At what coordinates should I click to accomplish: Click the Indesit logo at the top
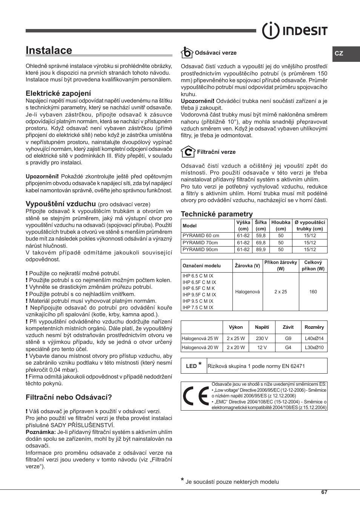coord(295,31)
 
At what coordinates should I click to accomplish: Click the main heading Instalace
coord(49,51)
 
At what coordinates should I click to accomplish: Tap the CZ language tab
coord(339,54)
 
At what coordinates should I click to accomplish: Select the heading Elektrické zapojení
coord(58,93)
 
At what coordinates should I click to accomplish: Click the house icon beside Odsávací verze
coord(186,52)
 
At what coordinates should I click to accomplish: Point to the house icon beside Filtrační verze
coord(188,152)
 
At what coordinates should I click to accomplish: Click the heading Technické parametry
coord(217,214)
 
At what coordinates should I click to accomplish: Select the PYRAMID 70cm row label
coord(200,243)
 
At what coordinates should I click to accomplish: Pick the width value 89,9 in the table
coord(261,250)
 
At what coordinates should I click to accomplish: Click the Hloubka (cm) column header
coord(281,225)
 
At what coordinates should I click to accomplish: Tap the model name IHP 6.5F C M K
coord(198,288)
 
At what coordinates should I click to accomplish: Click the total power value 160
coord(313,292)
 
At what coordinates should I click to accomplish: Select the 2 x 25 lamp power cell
coord(281,292)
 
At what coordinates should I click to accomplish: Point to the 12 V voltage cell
coord(262,348)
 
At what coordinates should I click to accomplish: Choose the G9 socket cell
coord(288,339)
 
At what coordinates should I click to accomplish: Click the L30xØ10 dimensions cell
coord(314,348)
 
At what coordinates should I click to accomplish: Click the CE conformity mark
coord(195,396)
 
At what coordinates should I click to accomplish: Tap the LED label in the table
coord(191,366)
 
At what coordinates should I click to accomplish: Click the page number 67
coord(324,492)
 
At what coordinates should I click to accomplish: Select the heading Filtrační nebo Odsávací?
coord(69,397)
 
